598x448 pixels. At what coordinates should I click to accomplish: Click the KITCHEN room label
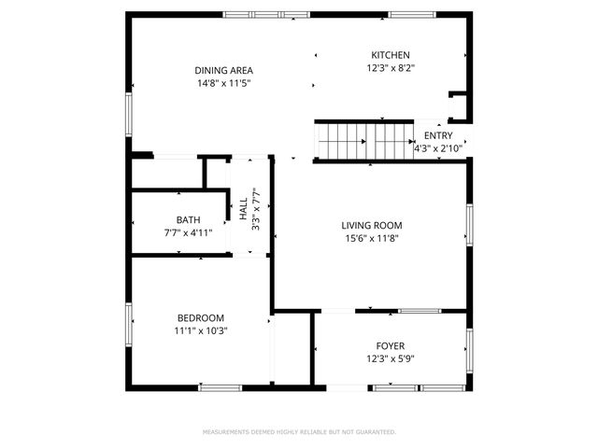coord(390,55)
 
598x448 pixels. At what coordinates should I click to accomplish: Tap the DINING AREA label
coord(223,71)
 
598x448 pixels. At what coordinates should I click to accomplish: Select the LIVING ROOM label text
coord(371,225)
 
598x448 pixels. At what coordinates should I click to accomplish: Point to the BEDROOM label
coord(200,317)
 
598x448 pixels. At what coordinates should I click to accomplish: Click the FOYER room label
coord(390,346)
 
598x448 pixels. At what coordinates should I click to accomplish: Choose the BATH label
coord(188,220)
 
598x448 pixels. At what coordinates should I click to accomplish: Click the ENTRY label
coord(437,136)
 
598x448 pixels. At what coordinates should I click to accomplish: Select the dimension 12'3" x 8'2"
coord(390,68)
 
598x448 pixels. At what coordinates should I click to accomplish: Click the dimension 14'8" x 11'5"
coord(223,84)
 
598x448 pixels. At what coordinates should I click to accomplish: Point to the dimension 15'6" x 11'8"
coord(371,238)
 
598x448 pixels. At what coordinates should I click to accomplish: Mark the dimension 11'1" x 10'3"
coord(200,330)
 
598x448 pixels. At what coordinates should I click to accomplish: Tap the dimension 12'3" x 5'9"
coord(390,359)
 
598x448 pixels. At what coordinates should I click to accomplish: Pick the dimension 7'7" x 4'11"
coord(188,233)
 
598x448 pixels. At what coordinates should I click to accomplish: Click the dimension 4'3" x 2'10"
coord(437,148)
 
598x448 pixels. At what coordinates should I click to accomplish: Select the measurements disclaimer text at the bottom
coord(299,432)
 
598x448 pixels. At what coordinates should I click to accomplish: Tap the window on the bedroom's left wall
coord(130,322)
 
